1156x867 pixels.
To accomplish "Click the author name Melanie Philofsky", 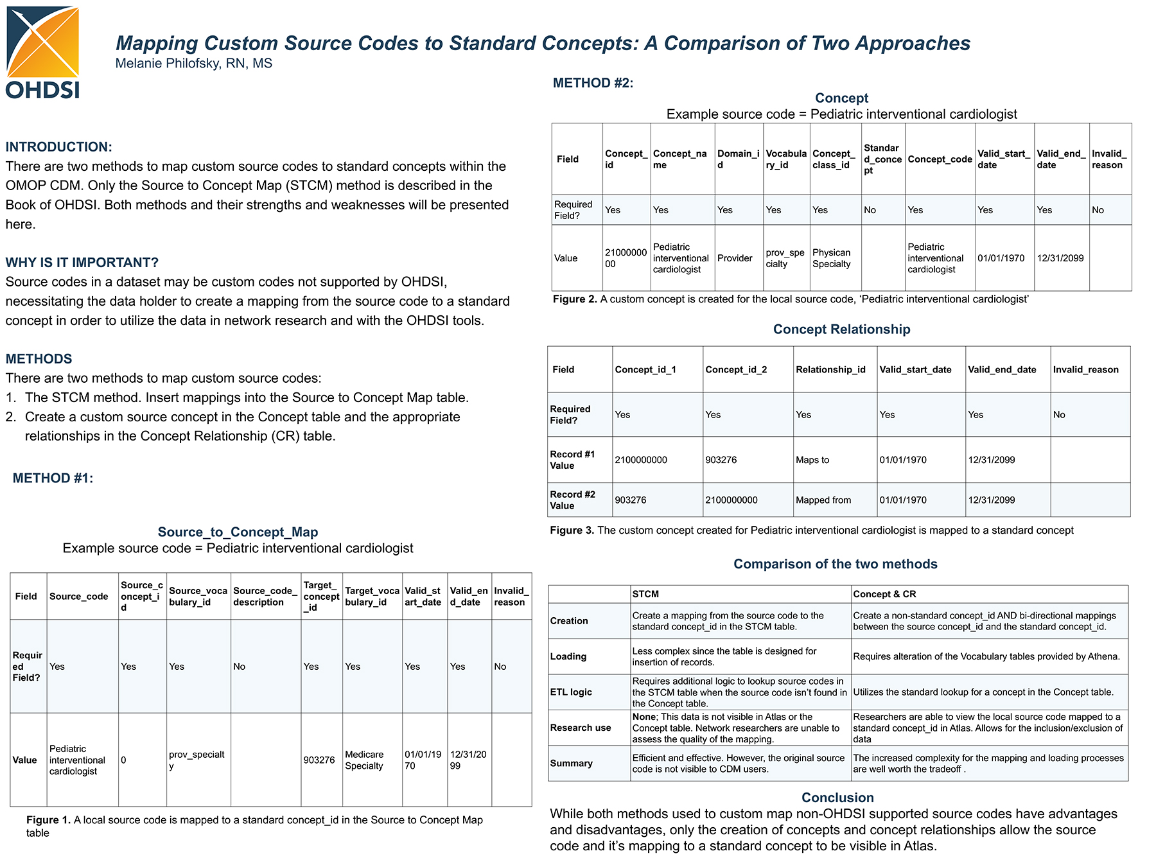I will pos(193,64).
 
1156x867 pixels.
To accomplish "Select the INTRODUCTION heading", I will pos(59,147).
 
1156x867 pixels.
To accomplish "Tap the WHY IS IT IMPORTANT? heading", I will pos(82,263).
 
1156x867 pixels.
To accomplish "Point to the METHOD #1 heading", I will pos(53,478).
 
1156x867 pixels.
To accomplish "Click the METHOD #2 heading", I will pos(593,83).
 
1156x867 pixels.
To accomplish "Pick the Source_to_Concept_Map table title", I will pos(238,532).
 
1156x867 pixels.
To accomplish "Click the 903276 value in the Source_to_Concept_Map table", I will pos(319,760).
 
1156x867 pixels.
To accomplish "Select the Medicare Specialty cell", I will pos(364,760).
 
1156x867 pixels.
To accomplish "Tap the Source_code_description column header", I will pos(265,597).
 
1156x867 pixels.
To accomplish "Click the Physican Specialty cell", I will pos(831,258).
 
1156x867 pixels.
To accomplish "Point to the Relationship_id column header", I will pos(830,370).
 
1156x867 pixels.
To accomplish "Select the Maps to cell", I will pos(812,460).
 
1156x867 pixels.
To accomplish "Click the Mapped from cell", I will pos(823,500).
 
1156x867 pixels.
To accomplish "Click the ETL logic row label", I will pos(571,692).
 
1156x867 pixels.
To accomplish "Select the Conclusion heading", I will pos(837,798).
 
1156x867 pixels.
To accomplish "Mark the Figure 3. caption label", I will pos(572,530).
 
